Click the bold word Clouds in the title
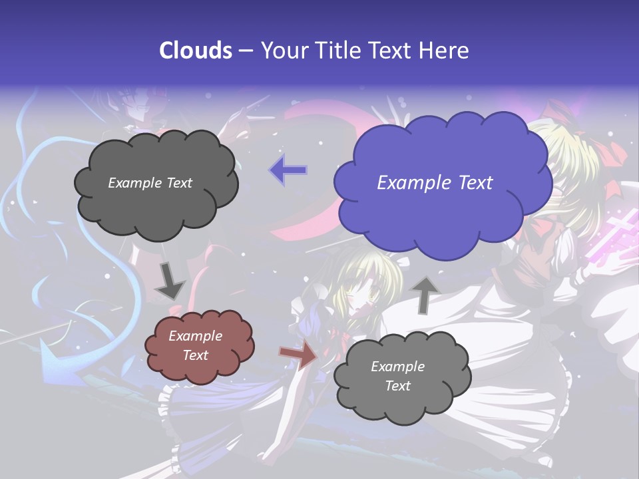(196, 51)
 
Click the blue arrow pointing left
(288, 170)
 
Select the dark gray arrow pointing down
(170, 281)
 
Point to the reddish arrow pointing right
(298, 355)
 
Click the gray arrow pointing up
(425, 294)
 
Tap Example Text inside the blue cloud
(435, 183)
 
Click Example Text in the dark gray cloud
(150, 183)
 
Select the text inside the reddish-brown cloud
(195, 345)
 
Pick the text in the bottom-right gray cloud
(397, 376)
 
